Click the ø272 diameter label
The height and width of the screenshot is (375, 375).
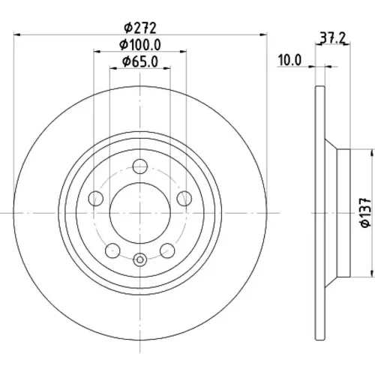pyautogui.click(x=140, y=28)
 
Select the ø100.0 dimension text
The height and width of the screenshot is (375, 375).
pyautogui.click(x=140, y=45)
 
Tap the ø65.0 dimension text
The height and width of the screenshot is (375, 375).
pyautogui.click(x=140, y=61)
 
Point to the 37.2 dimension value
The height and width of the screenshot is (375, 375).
pyautogui.click(x=333, y=38)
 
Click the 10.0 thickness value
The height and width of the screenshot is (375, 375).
pyautogui.click(x=289, y=60)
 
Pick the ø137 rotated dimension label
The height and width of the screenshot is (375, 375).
pyautogui.click(x=365, y=212)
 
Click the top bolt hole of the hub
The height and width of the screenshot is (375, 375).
pyautogui.click(x=140, y=166)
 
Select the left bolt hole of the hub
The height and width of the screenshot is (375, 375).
pyautogui.click(x=96, y=198)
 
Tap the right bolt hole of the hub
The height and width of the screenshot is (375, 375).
pyautogui.click(x=184, y=198)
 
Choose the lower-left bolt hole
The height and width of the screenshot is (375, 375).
pyautogui.click(x=112, y=250)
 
